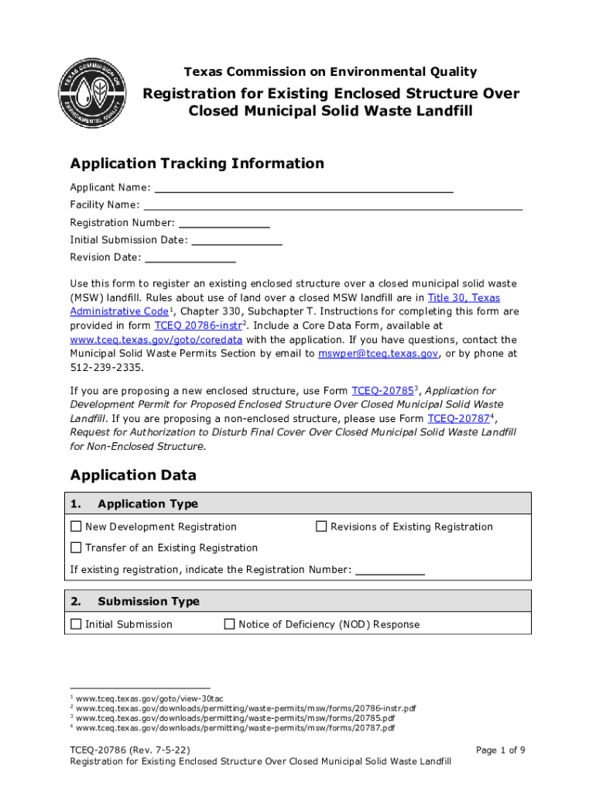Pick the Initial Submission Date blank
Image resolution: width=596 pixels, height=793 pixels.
point(236,240)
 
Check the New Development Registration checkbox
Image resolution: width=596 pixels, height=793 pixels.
point(76,527)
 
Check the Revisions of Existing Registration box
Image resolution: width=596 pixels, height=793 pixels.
point(321,527)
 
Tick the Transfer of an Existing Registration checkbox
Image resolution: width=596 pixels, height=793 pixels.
point(76,548)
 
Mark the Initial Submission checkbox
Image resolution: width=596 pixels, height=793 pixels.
point(76,624)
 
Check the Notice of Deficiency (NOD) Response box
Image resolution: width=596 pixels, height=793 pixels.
point(229,624)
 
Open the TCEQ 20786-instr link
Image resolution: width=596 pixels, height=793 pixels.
point(198,326)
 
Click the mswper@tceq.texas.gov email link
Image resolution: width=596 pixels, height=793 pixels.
point(378,354)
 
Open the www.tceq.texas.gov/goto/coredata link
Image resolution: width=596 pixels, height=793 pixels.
point(156,340)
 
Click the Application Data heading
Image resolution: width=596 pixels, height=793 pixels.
point(133,475)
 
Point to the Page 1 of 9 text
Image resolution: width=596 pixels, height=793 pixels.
point(500,750)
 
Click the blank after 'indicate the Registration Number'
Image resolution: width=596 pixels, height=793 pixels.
point(389,570)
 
